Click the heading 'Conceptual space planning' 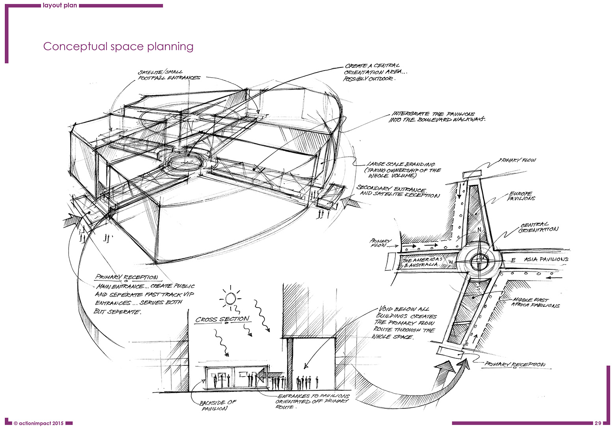(118, 47)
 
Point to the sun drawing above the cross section (231, 298)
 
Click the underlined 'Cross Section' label (222, 319)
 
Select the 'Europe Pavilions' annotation (521, 196)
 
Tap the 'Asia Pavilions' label (546, 259)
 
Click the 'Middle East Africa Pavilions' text (535, 302)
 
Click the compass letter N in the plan (479, 230)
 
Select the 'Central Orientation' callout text (538, 227)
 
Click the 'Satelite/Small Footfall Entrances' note (168, 75)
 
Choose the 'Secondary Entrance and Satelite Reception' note (397, 192)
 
